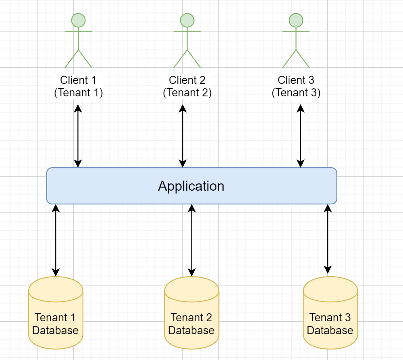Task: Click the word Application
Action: [191, 186]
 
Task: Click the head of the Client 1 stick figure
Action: [78, 20]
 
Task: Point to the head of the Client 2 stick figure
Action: [187, 20]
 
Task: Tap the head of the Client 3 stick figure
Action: [296, 20]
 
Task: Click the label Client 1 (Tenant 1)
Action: [78, 86]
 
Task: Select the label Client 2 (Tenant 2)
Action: [187, 86]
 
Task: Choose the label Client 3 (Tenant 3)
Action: [296, 86]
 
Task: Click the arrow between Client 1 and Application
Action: [78, 136]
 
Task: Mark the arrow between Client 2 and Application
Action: [183, 136]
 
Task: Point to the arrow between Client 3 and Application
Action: [300, 136]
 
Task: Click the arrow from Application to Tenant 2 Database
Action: [192, 240]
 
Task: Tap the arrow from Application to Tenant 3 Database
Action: [328, 239]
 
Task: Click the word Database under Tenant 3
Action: [330, 331]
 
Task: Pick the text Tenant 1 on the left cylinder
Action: [55, 317]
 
